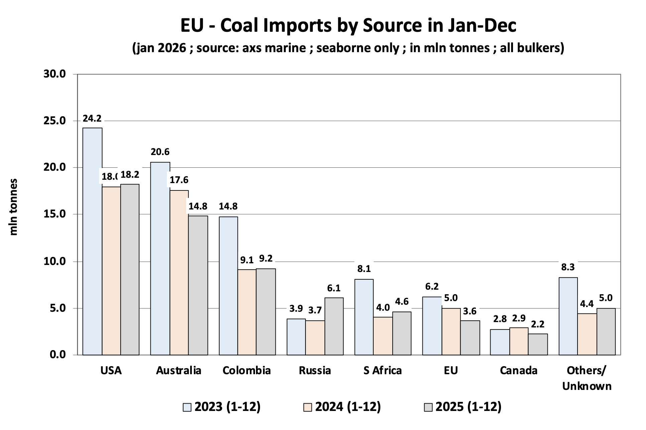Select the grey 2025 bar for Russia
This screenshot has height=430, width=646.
pos(334,326)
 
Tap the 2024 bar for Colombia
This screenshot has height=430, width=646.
pos(247,312)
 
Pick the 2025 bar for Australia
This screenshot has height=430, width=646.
pos(198,285)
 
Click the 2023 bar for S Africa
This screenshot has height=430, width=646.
pos(364,317)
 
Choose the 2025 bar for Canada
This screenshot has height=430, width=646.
pos(538,344)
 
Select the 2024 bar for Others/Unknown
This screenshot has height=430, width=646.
pos(587,334)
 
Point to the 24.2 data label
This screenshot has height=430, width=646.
pos(92,118)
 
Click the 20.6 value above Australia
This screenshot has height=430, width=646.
pos(160,152)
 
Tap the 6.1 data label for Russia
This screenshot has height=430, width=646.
pos(334,288)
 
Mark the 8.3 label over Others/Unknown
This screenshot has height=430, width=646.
pos(568,267)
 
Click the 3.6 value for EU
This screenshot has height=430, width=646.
pos(470,311)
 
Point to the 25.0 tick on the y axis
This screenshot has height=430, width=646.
pos(54,121)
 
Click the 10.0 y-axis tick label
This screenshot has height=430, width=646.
pos(54,262)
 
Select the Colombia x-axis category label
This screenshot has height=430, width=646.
pos(247,371)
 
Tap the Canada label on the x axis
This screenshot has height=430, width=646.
pos(518,371)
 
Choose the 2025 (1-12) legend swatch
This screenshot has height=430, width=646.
pos(428,407)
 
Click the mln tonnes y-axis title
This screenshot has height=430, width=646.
pos(13,207)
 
